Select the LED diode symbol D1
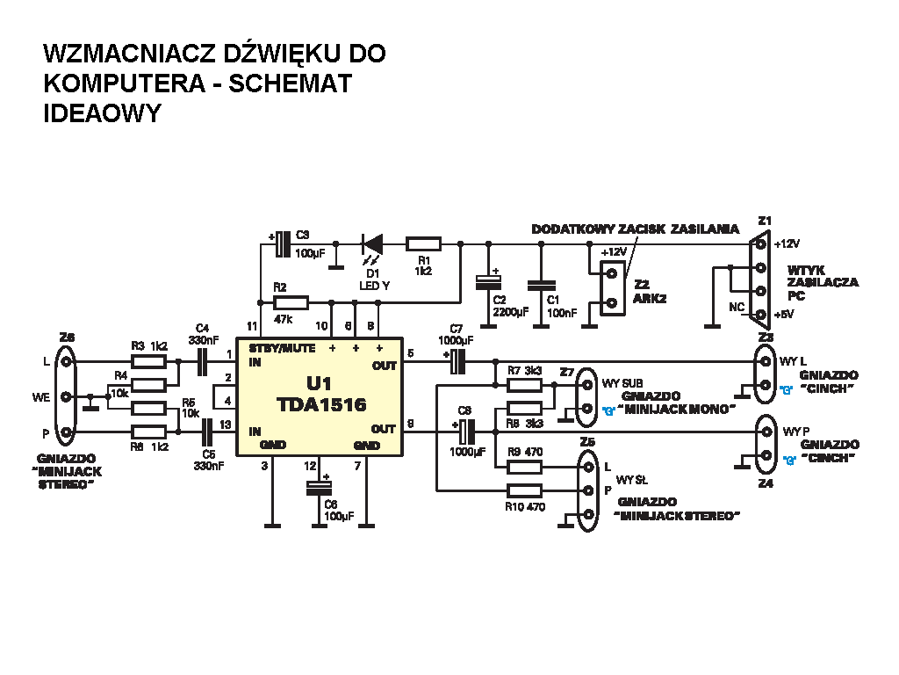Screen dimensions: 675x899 [372, 243]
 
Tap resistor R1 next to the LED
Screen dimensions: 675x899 [424, 243]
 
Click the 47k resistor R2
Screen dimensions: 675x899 [291, 302]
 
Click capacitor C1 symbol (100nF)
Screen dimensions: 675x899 [540, 285]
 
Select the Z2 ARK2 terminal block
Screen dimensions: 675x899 [614, 287]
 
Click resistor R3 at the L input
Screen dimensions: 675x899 [149, 360]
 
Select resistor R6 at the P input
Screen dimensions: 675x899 [149, 432]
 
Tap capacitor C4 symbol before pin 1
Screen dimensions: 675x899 [202, 360]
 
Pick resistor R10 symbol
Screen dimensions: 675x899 [525, 491]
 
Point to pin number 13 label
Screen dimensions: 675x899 [226, 425]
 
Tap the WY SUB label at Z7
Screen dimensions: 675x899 [622, 383]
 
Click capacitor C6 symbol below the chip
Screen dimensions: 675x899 [319, 487]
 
